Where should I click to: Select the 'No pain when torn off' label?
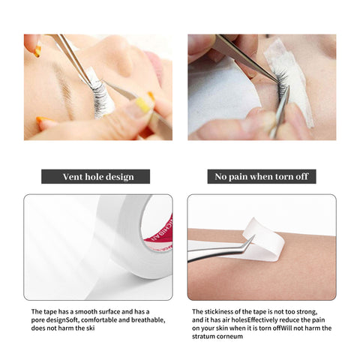click(x=261, y=177)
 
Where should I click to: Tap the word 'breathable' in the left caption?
click(x=139, y=319)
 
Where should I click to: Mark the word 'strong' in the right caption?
click(x=316, y=311)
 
